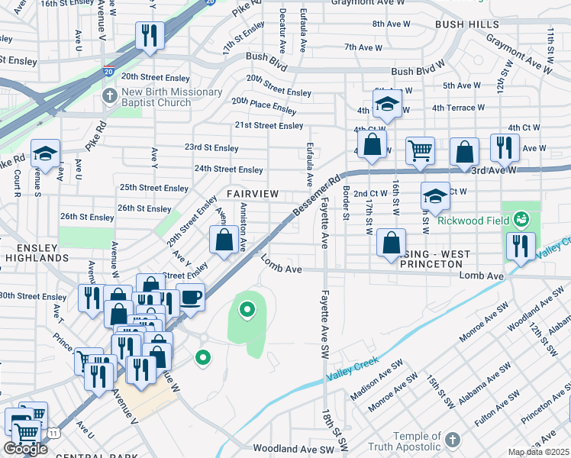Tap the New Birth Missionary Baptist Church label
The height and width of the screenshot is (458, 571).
click(164, 97)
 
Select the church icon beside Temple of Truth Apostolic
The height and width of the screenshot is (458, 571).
click(453, 440)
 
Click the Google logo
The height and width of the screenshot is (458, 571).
click(25, 449)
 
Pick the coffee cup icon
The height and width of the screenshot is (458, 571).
click(190, 296)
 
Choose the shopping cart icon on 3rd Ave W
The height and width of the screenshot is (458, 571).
click(420, 150)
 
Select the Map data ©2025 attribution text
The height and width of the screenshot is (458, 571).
click(539, 452)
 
